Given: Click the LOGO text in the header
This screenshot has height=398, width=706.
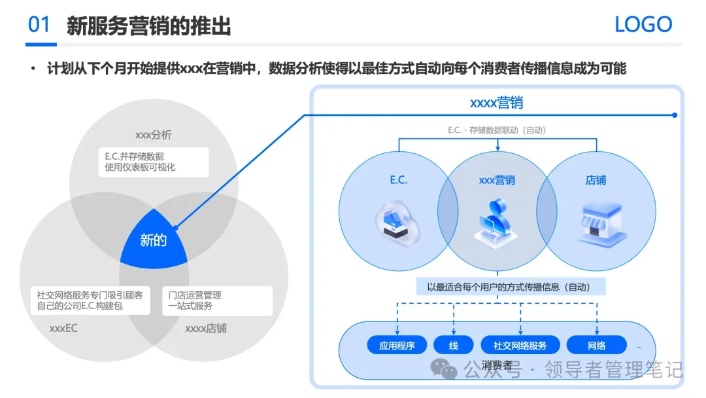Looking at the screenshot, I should pyautogui.click(x=643, y=25).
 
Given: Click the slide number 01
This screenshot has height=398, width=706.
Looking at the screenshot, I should pyautogui.click(x=39, y=25).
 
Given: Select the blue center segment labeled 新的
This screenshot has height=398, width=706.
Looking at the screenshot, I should pyautogui.click(x=154, y=240).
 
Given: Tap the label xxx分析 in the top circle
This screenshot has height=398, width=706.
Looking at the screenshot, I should pyautogui.click(x=154, y=135).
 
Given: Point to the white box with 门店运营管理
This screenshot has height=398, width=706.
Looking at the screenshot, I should pyautogui.click(x=216, y=300).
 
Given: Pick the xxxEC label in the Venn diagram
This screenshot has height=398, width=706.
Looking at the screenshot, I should pyautogui.click(x=63, y=328).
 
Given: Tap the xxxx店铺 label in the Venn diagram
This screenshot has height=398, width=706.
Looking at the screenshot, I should pyautogui.click(x=206, y=328).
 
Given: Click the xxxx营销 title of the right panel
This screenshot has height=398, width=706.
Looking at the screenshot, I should pyautogui.click(x=496, y=103).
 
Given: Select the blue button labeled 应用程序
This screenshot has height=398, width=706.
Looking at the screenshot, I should pyautogui.click(x=397, y=345).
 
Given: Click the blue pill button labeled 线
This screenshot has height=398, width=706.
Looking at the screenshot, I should pyautogui.click(x=454, y=345).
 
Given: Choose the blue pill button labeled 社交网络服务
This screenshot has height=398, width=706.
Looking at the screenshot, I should pyautogui.click(x=520, y=345).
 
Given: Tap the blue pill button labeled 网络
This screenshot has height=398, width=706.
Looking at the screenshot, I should pyautogui.click(x=596, y=345).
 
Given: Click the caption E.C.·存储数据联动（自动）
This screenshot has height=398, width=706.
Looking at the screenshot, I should pyautogui.click(x=497, y=130).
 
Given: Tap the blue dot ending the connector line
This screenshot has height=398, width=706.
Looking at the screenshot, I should pyautogui.click(x=675, y=115).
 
